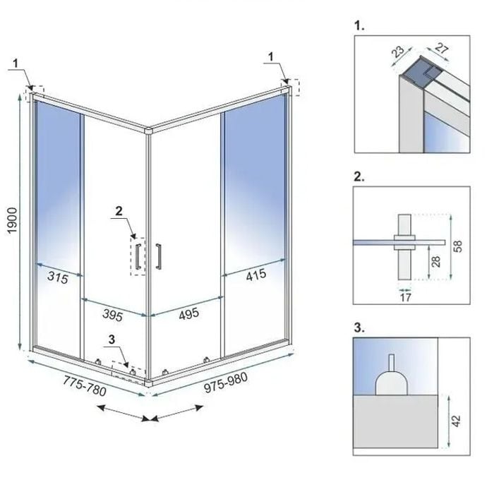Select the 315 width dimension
(58, 278)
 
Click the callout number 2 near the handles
(119, 210)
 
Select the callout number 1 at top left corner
(15, 63)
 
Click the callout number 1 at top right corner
(273, 54)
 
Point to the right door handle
(160, 255)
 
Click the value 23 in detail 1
(397, 52)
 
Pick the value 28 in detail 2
(437, 261)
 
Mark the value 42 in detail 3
(459, 421)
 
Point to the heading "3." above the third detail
(359, 327)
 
